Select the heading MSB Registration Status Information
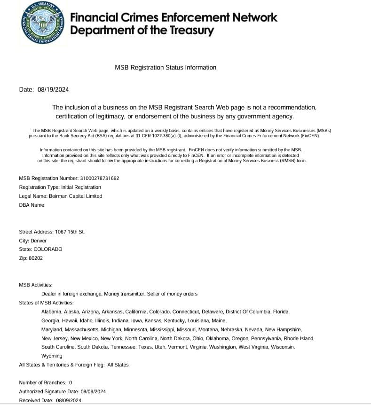(166, 68)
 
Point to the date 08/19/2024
(53, 90)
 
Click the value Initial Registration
(81, 187)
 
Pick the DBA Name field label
(32, 205)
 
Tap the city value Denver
(39, 241)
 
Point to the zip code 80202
(35, 258)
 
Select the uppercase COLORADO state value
(48, 249)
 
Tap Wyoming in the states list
(52, 356)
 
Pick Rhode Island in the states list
(300, 338)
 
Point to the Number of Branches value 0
(71, 382)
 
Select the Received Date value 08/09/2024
(69, 400)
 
